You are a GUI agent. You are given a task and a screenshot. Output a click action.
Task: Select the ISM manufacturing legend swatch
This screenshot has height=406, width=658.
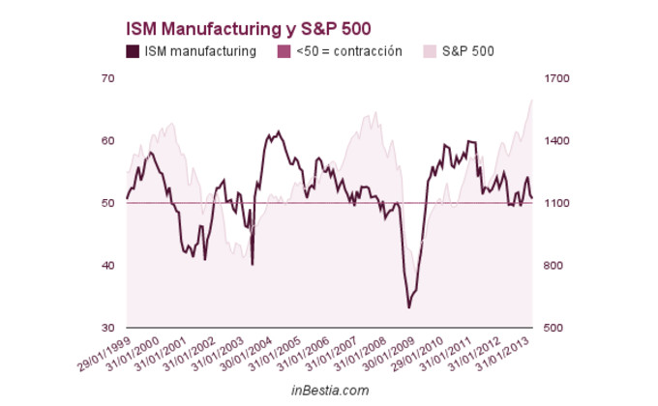[133, 51]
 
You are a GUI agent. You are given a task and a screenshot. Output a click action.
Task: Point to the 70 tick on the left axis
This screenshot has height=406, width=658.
[108, 78]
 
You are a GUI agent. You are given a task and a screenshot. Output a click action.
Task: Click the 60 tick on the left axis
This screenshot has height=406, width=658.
[108, 141]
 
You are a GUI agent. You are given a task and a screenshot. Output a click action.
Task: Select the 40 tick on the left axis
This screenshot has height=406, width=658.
[108, 266]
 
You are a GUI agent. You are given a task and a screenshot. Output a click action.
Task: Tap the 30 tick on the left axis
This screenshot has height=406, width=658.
[108, 329]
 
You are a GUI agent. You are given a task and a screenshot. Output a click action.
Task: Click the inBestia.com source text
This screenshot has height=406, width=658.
[330, 390]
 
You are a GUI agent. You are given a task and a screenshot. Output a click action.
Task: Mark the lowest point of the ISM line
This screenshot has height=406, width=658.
[409, 307]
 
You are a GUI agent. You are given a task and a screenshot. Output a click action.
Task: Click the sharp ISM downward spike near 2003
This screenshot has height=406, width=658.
[253, 264]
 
